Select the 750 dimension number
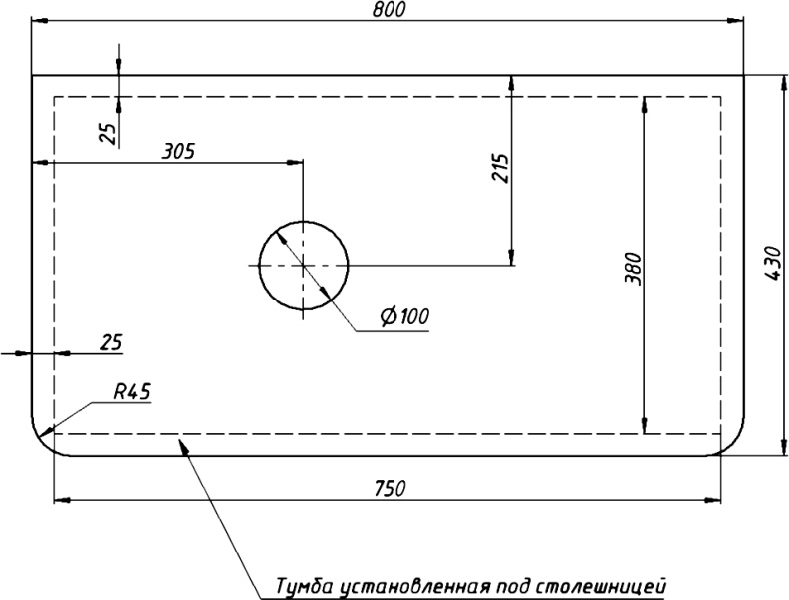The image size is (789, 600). pyautogui.click(x=389, y=488)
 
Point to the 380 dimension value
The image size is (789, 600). pyautogui.click(x=631, y=268)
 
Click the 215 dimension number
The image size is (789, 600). pyautogui.click(x=500, y=170)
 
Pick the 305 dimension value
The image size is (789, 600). pyautogui.click(x=178, y=152)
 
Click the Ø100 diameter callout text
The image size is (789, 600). pyautogui.click(x=403, y=317)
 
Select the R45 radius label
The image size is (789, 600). pyautogui.click(x=130, y=392)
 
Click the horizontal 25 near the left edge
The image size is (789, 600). pyautogui.click(x=111, y=342)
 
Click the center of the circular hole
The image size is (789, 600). pyautogui.click(x=304, y=265)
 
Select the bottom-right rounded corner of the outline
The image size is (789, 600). pyautogui.click(x=731, y=443)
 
